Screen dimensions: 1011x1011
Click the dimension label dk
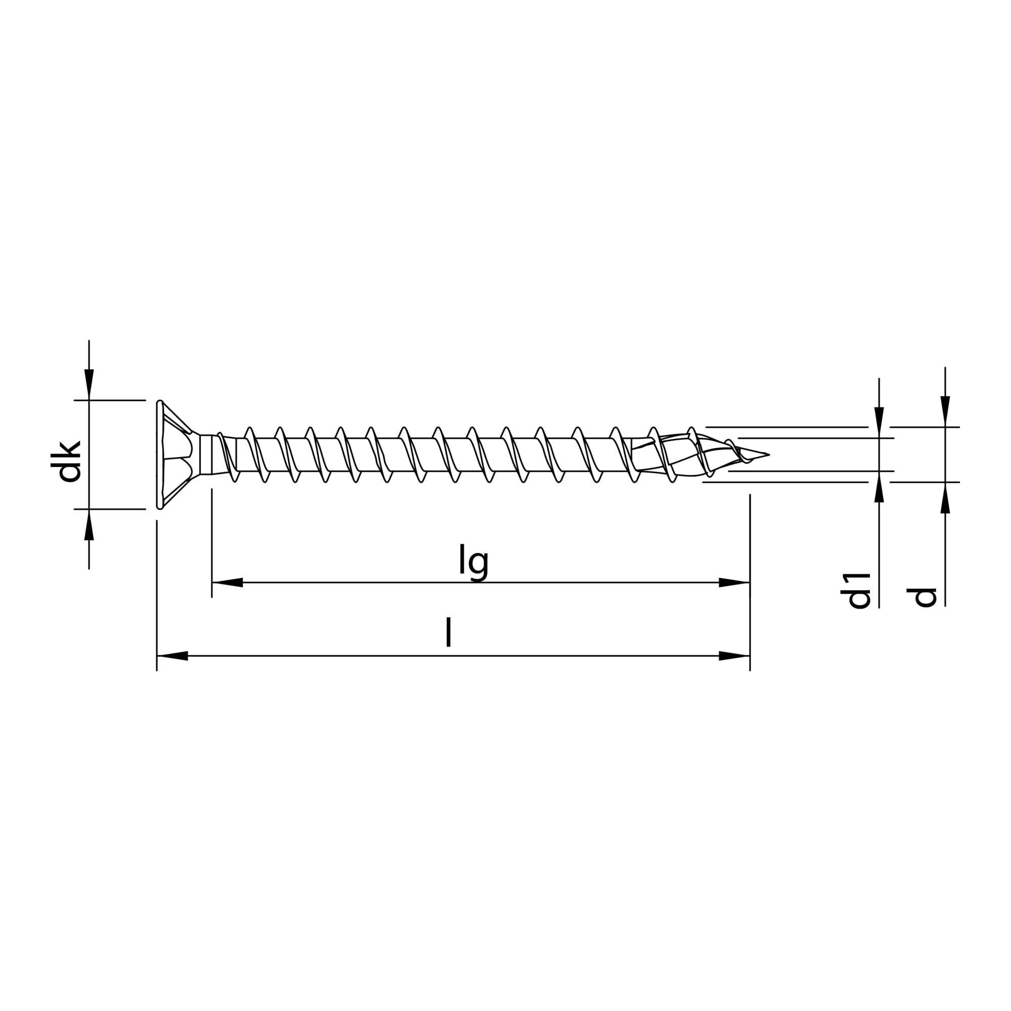pyautogui.click(x=70, y=461)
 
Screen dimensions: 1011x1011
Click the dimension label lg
pyautogui.click(x=474, y=562)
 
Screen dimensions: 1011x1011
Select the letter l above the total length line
pyautogui.click(x=448, y=633)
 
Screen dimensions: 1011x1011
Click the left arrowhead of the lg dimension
pyautogui.click(x=227, y=582)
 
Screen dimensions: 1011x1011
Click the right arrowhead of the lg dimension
pyautogui.click(x=734, y=582)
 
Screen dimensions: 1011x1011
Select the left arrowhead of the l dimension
pyautogui.click(x=173, y=656)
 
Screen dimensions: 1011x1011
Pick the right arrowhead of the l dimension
pyautogui.click(x=734, y=656)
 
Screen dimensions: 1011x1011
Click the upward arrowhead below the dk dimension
pyautogui.click(x=89, y=524)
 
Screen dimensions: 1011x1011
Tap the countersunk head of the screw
pyautogui.click(x=173, y=454)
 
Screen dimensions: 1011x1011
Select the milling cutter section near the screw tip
pyautogui.click(x=680, y=454)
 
